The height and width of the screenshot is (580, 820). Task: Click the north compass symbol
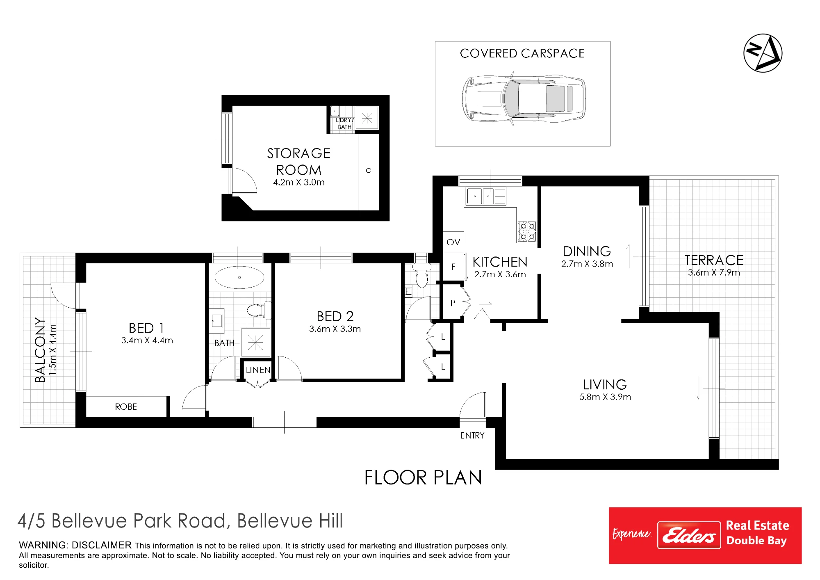click(763, 53)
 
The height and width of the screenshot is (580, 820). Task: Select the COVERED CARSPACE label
click(522, 53)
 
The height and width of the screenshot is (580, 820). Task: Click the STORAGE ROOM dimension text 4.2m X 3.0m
click(299, 182)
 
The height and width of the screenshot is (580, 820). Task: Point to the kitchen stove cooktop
click(526, 231)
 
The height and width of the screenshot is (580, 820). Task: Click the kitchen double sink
click(486, 196)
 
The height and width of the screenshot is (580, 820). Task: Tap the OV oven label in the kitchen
click(453, 242)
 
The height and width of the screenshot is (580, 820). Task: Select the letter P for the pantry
click(453, 303)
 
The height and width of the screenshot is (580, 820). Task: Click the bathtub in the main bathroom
click(239, 277)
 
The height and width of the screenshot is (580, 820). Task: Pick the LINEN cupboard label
click(258, 370)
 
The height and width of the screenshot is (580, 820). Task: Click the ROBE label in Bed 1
click(126, 406)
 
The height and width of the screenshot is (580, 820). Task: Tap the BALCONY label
click(40, 349)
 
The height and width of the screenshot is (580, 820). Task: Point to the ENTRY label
click(472, 435)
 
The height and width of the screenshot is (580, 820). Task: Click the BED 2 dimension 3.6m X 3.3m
click(335, 329)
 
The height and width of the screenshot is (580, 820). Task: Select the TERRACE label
click(714, 260)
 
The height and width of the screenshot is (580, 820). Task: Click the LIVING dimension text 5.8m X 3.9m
click(605, 397)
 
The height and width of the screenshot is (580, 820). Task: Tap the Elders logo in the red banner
click(689, 535)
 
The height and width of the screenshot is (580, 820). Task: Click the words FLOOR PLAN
click(423, 477)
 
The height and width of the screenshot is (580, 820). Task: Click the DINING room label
click(587, 251)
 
